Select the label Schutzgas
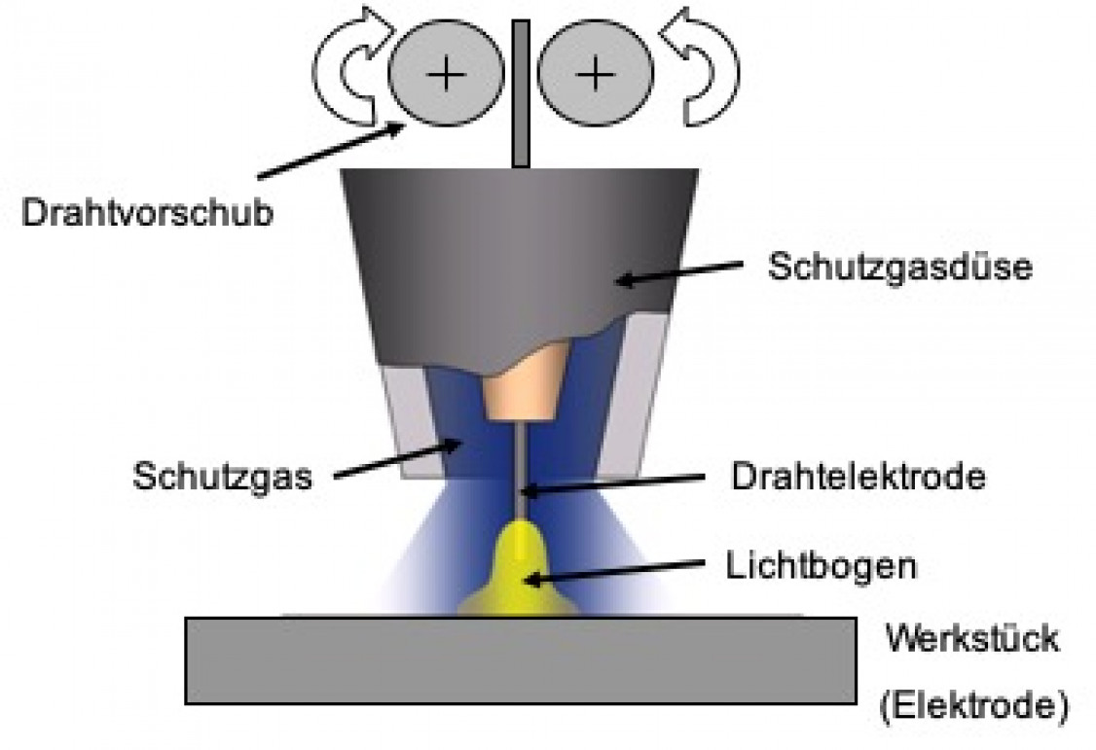[x=222, y=477]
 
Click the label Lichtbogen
[x=821, y=564]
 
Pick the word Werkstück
[x=970, y=640]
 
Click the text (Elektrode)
[x=968, y=705]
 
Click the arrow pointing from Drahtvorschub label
[x=331, y=152]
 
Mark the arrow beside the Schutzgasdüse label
[x=681, y=273]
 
